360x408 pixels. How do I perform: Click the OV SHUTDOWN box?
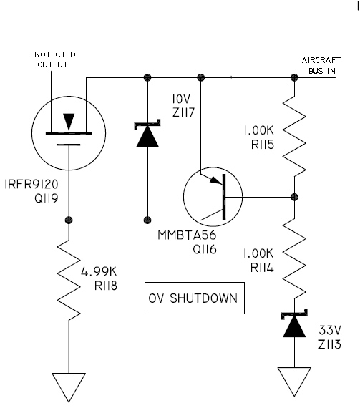[x=194, y=298]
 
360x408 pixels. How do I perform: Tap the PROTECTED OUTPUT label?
[x=53, y=59]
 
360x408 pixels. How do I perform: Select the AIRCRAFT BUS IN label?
[x=321, y=66]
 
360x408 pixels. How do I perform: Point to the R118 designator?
[x=106, y=286]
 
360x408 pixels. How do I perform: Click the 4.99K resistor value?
[x=99, y=272]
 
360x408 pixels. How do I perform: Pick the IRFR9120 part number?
[x=31, y=184]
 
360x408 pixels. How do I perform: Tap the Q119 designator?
[x=47, y=198]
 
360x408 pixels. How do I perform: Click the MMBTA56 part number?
[x=187, y=235]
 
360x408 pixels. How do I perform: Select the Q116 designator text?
[x=205, y=249]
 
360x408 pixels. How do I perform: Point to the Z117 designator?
[x=183, y=112]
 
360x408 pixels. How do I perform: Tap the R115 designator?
[x=263, y=145]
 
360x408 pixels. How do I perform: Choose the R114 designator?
[x=262, y=268]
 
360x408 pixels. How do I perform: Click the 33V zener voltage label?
[x=329, y=330]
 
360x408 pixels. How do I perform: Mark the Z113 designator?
[x=329, y=344]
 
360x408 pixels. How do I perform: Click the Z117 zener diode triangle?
[x=147, y=137]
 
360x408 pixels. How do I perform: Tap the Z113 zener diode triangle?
[x=294, y=326]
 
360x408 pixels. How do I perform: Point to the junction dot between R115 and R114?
[x=294, y=197]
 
